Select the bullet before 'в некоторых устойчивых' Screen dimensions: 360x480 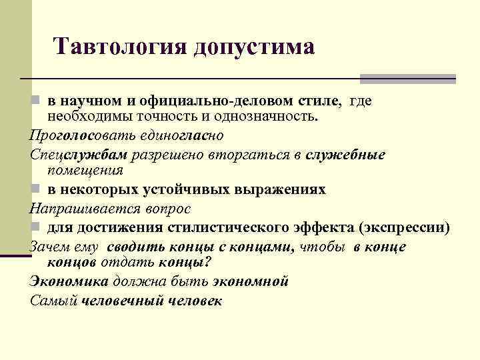click(x=35, y=189)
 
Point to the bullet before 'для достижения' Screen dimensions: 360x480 click(x=35, y=227)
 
